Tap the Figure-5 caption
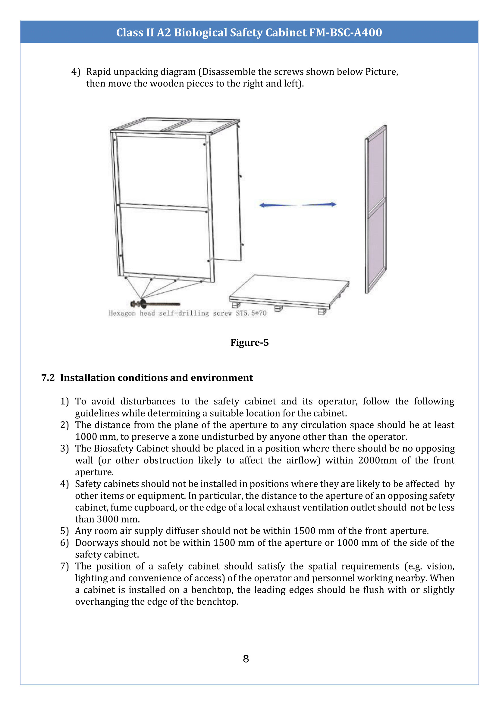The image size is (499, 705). click(249, 342)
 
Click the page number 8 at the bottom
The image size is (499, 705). click(246, 659)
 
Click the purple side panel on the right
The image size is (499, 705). click(376, 209)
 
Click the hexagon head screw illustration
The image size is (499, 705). click(155, 304)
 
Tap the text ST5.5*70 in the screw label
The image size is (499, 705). click(251, 313)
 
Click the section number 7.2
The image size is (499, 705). click(48, 378)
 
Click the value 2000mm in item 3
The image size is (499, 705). click(377, 460)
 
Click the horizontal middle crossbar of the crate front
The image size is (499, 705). click(163, 207)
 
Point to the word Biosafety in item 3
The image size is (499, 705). click(114, 448)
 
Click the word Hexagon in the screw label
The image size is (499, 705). click(122, 313)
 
